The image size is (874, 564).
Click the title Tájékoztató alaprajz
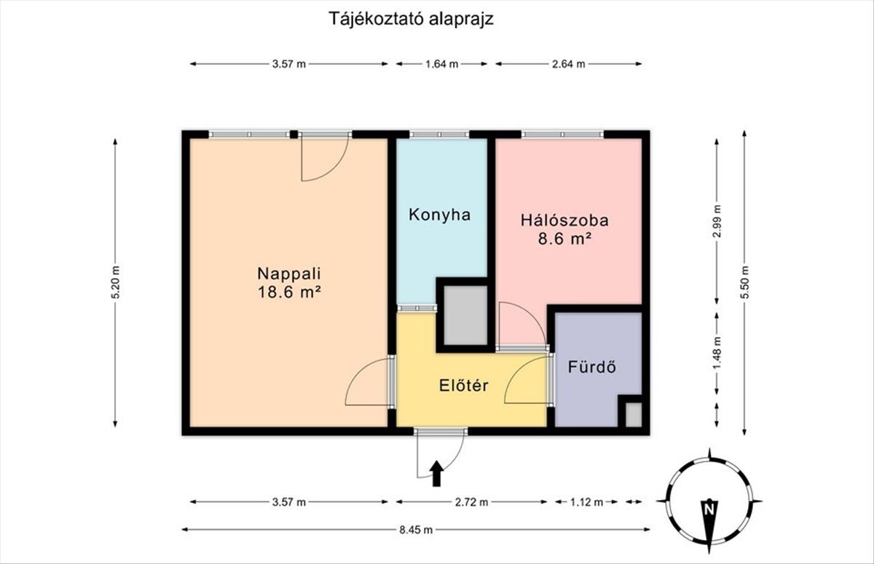(412, 19)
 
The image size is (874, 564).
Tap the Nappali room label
(289, 273)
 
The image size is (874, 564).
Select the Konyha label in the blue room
(440, 215)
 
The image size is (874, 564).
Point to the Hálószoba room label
(564, 221)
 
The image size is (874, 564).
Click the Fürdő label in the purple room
(592, 367)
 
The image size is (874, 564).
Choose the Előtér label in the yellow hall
(463, 385)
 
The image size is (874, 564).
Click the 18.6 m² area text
(289, 292)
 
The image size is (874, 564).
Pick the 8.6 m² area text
(564, 239)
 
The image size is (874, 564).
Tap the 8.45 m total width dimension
(416, 530)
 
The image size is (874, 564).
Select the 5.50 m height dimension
(744, 282)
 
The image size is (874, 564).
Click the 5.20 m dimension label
(116, 282)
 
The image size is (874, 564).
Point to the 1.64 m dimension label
(441, 64)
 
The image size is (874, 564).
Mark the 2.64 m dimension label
(569, 64)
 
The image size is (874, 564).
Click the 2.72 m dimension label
(471, 502)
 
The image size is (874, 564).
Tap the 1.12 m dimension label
(586, 502)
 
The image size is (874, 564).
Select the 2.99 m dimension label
(717, 221)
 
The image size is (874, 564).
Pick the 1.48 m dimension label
(717, 352)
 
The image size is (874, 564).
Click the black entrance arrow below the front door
(436, 474)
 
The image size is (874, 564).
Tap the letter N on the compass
(709, 509)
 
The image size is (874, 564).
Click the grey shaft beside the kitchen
(465, 315)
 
